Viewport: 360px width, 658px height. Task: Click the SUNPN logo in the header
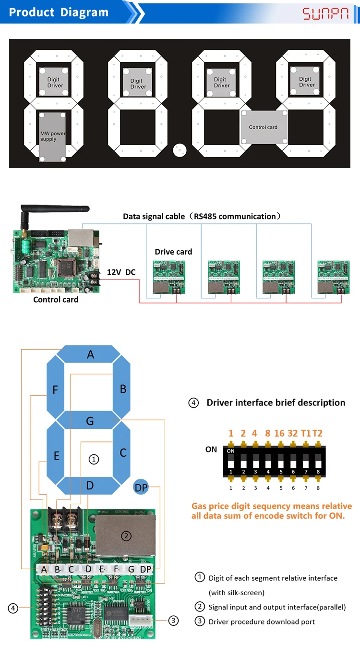(x=325, y=13)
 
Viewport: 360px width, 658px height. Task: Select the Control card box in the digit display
(x=263, y=127)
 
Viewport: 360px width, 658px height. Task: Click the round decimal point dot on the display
(x=180, y=150)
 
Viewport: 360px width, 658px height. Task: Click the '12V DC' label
(x=121, y=272)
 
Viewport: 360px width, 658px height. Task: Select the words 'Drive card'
(x=173, y=252)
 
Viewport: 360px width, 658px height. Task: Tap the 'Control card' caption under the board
(x=56, y=300)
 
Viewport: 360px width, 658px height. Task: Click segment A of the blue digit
(x=90, y=355)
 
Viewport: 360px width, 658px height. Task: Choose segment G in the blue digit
(x=90, y=421)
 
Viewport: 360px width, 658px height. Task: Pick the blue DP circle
(x=141, y=487)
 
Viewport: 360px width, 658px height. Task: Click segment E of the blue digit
(x=56, y=455)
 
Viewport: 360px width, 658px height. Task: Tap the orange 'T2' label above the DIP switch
(x=317, y=433)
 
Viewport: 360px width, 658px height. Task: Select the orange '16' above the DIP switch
(x=279, y=433)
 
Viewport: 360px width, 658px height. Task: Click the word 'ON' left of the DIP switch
(x=211, y=450)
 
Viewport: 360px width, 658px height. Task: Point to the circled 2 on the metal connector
(x=126, y=536)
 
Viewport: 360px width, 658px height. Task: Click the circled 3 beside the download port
(x=173, y=621)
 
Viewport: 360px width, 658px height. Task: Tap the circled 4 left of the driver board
(x=13, y=609)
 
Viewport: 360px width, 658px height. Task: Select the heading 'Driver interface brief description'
(x=276, y=402)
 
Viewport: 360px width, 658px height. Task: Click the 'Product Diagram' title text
(x=59, y=12)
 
